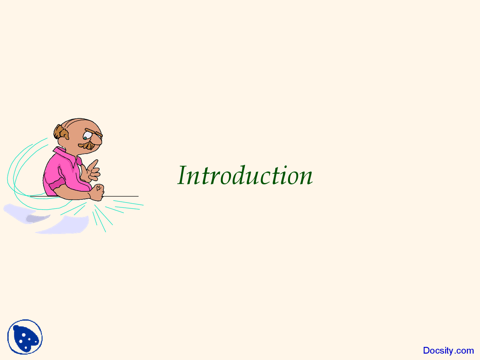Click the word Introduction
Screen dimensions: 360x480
click(245, 175)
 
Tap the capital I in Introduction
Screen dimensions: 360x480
click(183, 175)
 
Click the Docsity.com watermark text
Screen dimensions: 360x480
click(448, 351)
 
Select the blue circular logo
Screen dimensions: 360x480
click(25, 337)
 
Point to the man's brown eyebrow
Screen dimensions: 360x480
click(93, 132)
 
